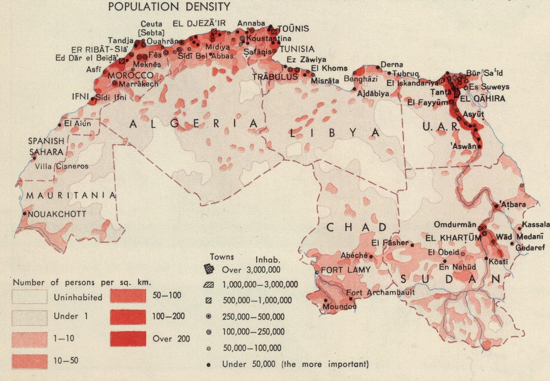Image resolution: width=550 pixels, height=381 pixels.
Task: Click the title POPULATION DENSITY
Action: point(169,6)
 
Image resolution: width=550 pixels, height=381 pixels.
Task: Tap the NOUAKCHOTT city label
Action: point(57,214)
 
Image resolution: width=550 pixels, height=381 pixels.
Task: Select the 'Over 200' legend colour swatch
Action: point(128,339)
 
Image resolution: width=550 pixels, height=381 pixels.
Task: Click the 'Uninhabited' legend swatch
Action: point(30,297)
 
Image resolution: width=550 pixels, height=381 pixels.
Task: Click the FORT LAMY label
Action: point(345,270)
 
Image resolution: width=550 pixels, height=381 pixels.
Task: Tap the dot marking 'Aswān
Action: point(479,147)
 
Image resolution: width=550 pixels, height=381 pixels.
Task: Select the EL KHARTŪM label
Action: point(453,238)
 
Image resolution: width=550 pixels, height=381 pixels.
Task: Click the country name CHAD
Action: point(357,227)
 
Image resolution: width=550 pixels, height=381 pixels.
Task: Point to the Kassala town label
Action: point(536,224)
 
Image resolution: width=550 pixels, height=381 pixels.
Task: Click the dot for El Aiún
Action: point(60,125)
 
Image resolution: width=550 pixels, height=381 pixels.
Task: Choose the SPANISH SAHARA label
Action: point(46,147)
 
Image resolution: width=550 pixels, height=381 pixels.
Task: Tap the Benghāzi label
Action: point(361,79)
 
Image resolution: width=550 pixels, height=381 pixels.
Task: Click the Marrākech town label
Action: point(138,84)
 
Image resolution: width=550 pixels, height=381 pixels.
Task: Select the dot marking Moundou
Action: point(326,300)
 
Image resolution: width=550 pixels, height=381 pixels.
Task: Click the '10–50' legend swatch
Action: point(30,361)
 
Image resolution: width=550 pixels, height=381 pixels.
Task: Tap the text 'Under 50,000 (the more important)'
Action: point(295,364)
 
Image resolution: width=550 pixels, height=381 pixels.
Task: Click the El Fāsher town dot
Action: point(412,245)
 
